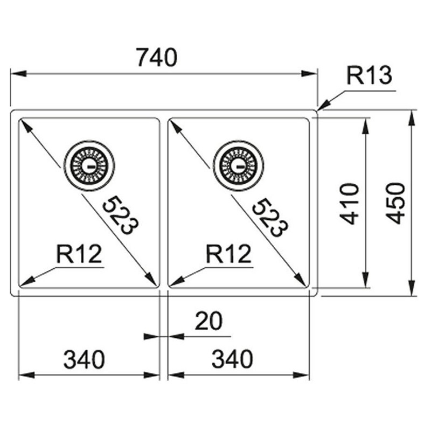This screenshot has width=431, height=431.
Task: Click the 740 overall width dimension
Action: (157, 58)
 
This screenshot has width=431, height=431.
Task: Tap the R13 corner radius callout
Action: (369, 75)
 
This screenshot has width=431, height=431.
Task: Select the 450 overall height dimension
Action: (395, 203)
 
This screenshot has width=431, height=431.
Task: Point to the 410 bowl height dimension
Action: (349, 204)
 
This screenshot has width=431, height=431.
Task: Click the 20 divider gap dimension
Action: (208, 321)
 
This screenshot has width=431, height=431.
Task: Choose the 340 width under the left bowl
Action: (84, 359)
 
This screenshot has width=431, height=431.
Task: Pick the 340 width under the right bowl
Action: (232, 359)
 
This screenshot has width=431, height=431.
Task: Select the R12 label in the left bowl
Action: (79, 254)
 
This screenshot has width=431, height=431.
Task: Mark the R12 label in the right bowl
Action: (228, 254)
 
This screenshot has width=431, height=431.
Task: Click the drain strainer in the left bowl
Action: (89, 166)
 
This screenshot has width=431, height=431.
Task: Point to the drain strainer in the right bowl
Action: (238, 166)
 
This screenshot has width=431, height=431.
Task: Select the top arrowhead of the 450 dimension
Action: (412, 118)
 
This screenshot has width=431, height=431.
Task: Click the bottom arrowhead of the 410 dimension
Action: (365, 280)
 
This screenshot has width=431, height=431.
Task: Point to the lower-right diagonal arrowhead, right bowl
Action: (301, 280)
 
